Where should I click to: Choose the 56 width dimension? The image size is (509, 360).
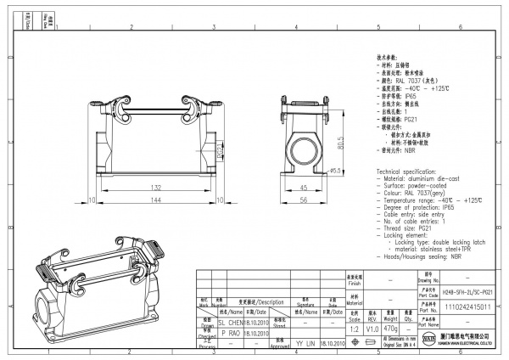pos(304,199)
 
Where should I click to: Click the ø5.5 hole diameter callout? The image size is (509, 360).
pos(336,171)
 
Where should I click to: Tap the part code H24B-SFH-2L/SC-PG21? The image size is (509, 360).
pos(468,290)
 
